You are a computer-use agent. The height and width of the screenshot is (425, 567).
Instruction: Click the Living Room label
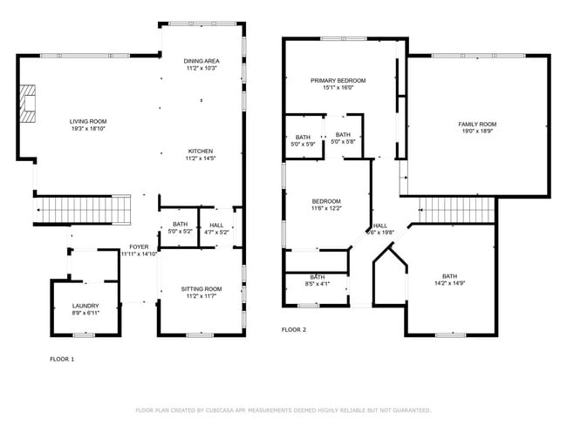[x=88, y=121]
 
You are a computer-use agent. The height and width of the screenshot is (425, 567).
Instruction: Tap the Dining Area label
[x=202, y=60]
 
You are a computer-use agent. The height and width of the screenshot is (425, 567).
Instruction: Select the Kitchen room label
[x=202, y=150]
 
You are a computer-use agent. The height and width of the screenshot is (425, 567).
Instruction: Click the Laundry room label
[x=85, y=306]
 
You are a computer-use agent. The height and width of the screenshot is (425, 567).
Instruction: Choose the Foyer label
[x=139, y=246]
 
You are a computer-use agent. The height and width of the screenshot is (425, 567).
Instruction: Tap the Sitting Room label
[x=202, y=289]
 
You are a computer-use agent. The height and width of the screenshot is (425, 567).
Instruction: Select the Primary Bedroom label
[x=338, y=80]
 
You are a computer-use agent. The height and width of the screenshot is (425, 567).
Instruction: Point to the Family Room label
[x=477, y=125]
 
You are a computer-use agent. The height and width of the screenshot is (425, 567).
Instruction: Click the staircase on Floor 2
[x=456, y=209]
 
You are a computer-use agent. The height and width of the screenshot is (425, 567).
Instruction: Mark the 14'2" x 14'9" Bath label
[x=449, y=276]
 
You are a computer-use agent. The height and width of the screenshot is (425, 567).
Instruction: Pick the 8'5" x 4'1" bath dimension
[x=318, y=284]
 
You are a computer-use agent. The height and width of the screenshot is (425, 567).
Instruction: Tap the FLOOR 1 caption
[x=62, y=358]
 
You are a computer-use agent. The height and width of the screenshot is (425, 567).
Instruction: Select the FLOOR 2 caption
[x=294, y=329]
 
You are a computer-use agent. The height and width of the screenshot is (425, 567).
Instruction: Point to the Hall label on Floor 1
[x=216, y=225]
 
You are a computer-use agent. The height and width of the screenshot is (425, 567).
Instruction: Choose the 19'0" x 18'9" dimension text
[x=477, y=132]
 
